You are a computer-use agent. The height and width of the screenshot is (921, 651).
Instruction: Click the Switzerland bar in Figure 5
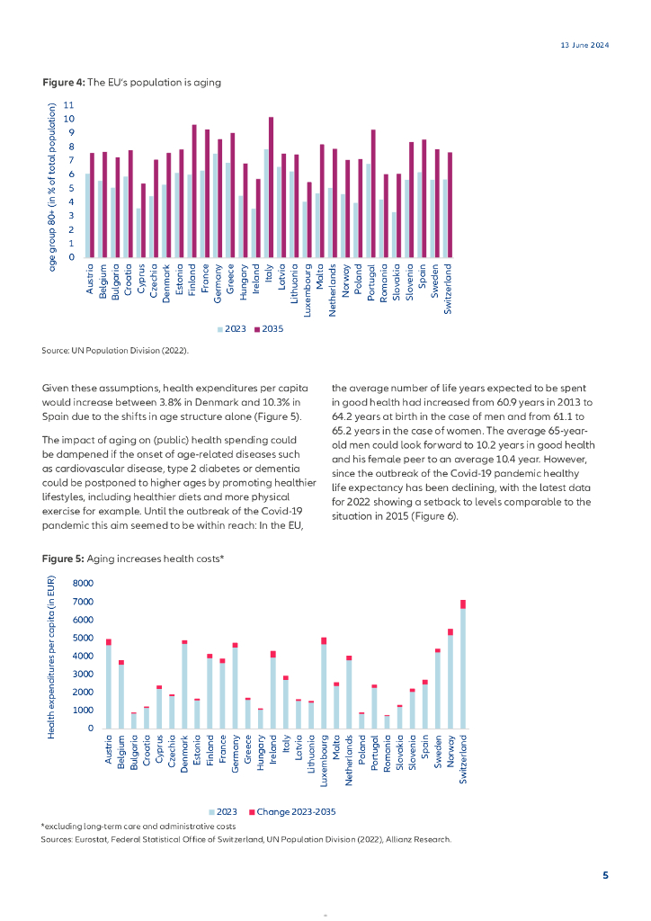pos(463,665)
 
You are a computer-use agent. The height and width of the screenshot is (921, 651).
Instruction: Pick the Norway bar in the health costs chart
pos(450,679)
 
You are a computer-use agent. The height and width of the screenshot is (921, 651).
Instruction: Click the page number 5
pos(605,875)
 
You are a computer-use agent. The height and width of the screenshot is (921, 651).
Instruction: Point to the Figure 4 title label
pos(132,82)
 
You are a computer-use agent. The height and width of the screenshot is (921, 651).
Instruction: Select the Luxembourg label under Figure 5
pos(325,764)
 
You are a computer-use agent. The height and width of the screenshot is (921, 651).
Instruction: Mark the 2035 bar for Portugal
pos(373,193)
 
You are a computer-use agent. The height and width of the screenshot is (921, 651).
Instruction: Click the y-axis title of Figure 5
pos(52,657)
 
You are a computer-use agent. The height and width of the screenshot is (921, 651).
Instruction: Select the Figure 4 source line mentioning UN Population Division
pos(115,349)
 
